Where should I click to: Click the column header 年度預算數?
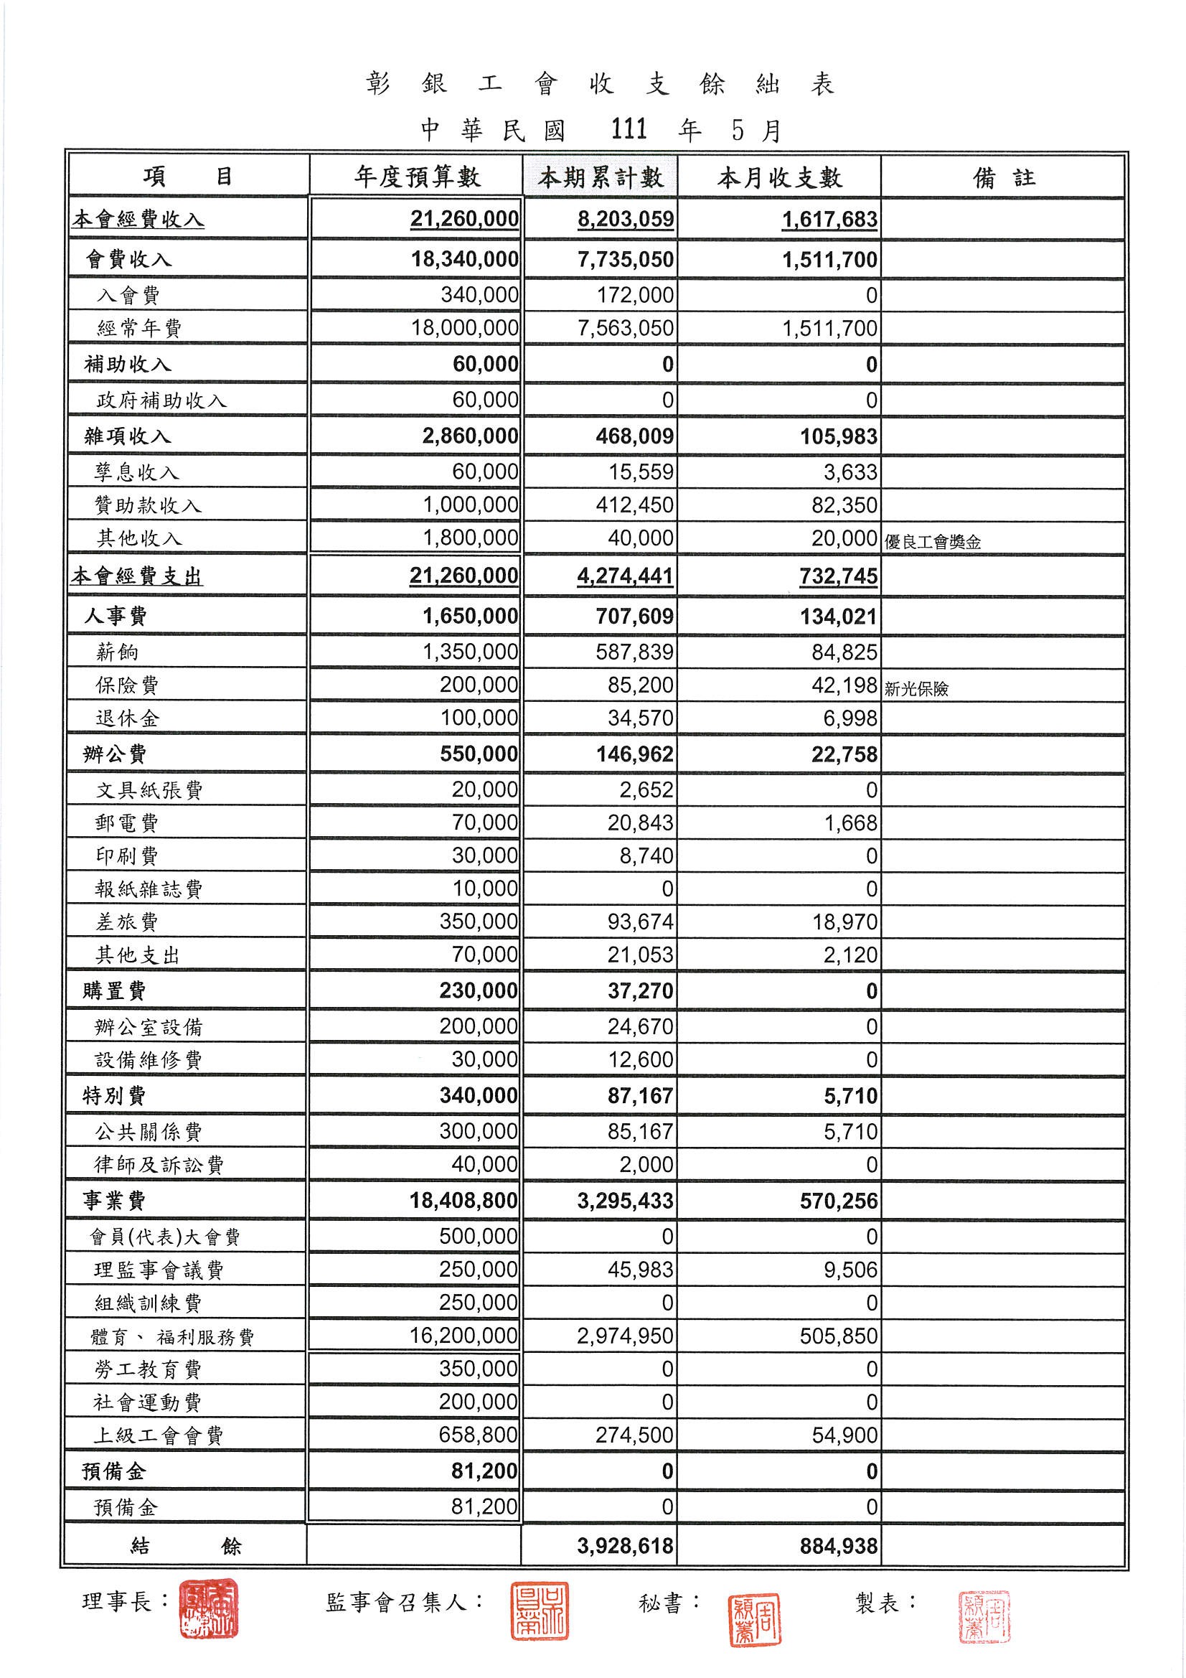pos(418,177)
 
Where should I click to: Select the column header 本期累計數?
pos(601,177)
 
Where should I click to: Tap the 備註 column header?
pos(1003,177)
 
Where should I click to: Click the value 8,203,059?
pos(626,219)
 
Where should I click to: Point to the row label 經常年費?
pos(139,329)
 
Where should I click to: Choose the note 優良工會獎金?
pos(933,543)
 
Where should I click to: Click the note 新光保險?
pos(916,688)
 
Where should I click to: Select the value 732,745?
pos(838,576)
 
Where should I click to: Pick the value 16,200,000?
pos(463,1336)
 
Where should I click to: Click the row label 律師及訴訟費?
pos(159,1165)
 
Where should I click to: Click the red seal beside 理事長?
pos(209,1608)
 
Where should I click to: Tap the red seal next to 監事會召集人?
pos(539,1611)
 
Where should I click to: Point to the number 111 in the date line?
pos(629,130)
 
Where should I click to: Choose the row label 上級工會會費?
pos(158,1436)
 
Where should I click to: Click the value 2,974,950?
pos(626,1336)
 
